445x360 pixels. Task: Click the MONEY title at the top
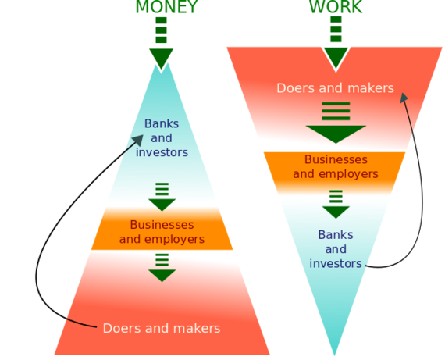(x=166, y=7)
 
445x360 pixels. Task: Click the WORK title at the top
(x=336, y=7)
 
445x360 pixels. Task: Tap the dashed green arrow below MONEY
(x=161, y=43)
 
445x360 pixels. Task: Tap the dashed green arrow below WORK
(x=336, y=42)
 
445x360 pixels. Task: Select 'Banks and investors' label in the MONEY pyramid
(x=162, y=138)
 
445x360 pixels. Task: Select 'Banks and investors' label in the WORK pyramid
(x=336, y=249)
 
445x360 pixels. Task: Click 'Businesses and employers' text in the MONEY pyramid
(x=162, y=232)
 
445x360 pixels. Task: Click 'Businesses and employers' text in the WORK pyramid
(x=336, y=166)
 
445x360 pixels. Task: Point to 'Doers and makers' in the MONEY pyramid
(x=162, y=328)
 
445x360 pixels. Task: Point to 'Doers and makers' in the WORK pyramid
(x=336, y=88)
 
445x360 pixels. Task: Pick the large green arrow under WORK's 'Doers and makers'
(x=336, y=123)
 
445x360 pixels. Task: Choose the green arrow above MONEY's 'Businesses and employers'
(x=162, y=197)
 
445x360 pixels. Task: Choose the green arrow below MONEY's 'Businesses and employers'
(x=162, y=267)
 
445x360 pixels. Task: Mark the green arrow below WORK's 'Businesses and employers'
(x=336, y=204)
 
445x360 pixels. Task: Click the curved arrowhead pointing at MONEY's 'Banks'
(x=139, y=141)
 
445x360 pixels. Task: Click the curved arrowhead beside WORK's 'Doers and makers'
(x=404, y=98)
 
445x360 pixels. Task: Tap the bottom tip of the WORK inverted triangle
(x=335, y=355)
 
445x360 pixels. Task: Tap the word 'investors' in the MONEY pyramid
(x=162, y=152)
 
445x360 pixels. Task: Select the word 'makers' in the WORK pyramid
(x=371, y=88)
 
